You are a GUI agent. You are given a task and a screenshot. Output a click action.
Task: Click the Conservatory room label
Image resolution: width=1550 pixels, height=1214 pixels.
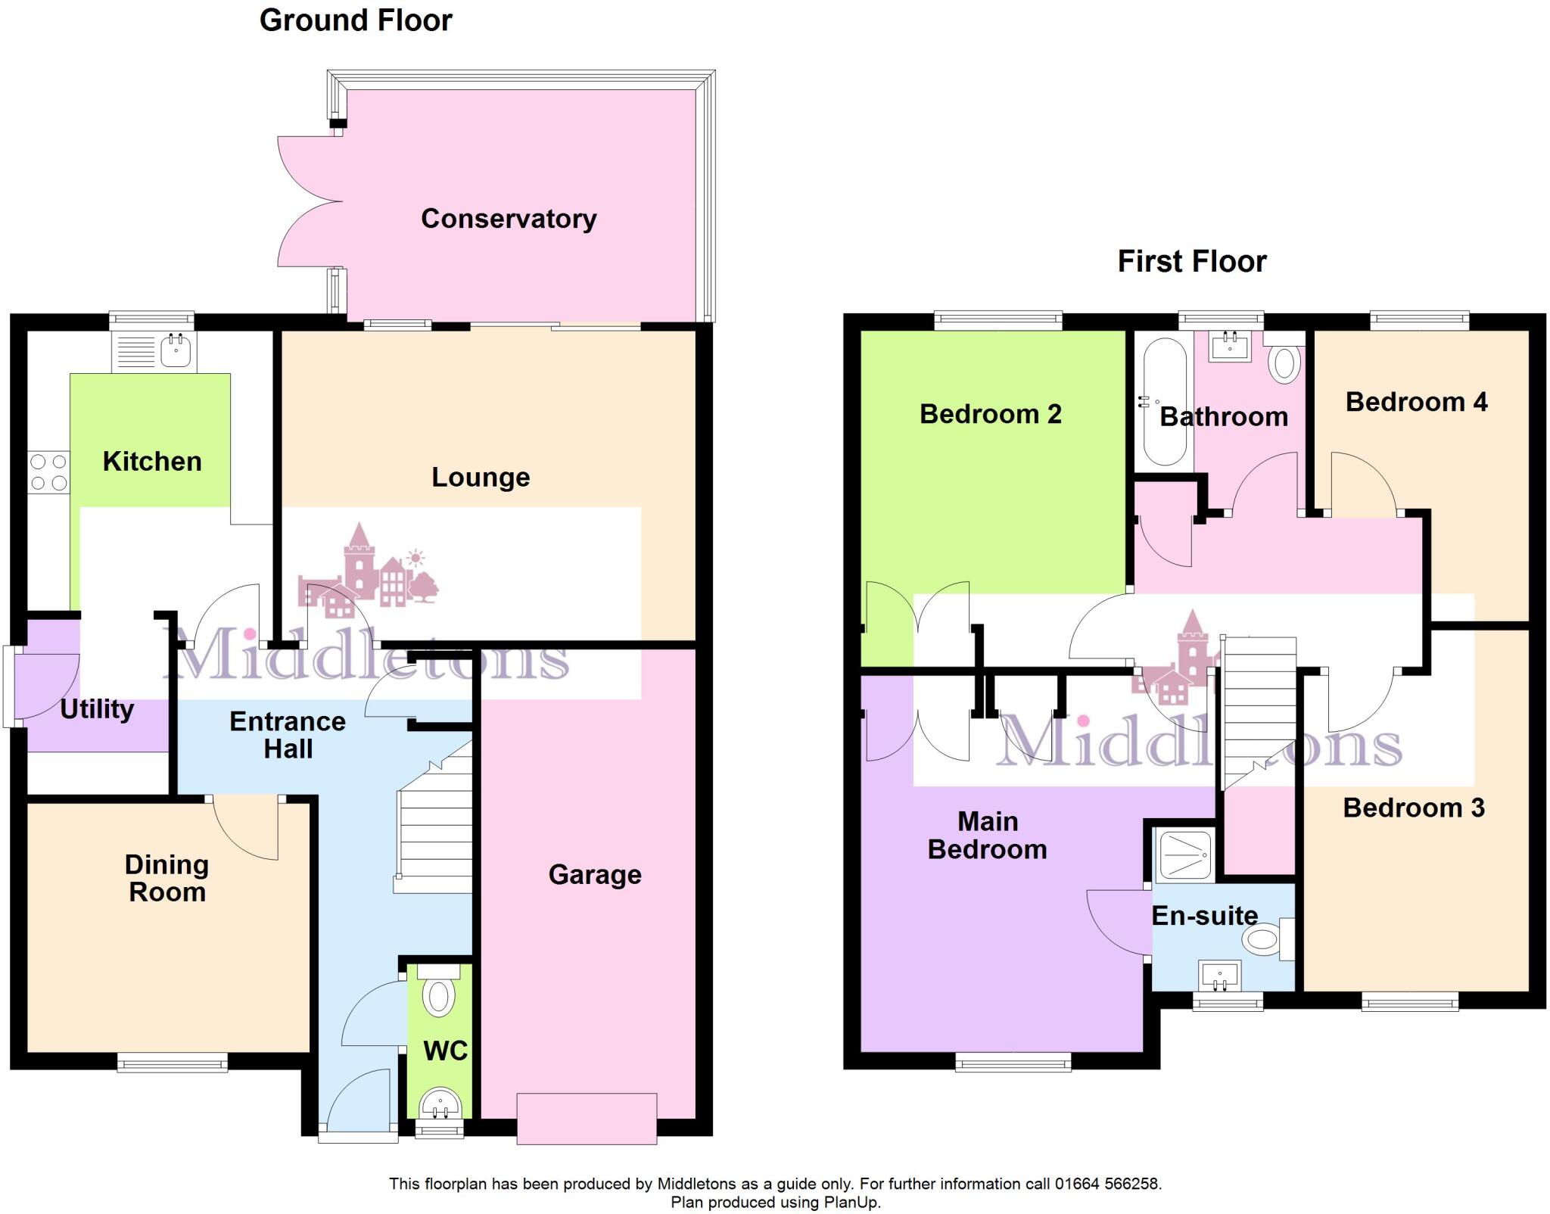point(509,219)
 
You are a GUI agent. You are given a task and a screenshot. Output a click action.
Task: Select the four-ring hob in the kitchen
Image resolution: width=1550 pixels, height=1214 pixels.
point(49,472)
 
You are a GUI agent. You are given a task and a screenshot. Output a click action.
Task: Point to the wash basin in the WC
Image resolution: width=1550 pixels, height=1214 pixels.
point(440,1103)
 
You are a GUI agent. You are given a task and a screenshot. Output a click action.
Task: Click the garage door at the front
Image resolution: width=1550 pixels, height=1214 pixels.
point(587,1119)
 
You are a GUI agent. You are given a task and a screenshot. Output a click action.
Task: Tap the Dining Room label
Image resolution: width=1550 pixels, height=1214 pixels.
point(167,878)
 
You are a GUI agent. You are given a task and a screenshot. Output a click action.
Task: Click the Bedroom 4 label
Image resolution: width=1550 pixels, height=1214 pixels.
point(1416,402)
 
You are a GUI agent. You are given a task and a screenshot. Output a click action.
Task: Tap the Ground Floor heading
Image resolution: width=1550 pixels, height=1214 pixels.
point(356,20)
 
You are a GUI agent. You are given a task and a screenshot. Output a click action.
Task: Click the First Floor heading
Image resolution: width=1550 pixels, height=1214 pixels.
point(1191,262)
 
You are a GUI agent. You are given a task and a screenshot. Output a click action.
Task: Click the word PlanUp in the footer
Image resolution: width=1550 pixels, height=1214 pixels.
point(851,1203)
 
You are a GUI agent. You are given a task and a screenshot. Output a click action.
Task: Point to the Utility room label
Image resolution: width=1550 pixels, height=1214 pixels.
point(97,709)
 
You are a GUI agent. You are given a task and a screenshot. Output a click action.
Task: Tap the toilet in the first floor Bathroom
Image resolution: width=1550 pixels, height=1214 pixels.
point(1284,364)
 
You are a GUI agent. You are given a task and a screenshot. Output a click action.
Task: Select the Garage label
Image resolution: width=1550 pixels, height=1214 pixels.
point(595,875)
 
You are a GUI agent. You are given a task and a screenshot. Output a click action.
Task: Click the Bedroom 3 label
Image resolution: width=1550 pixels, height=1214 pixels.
point(1413,808)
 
